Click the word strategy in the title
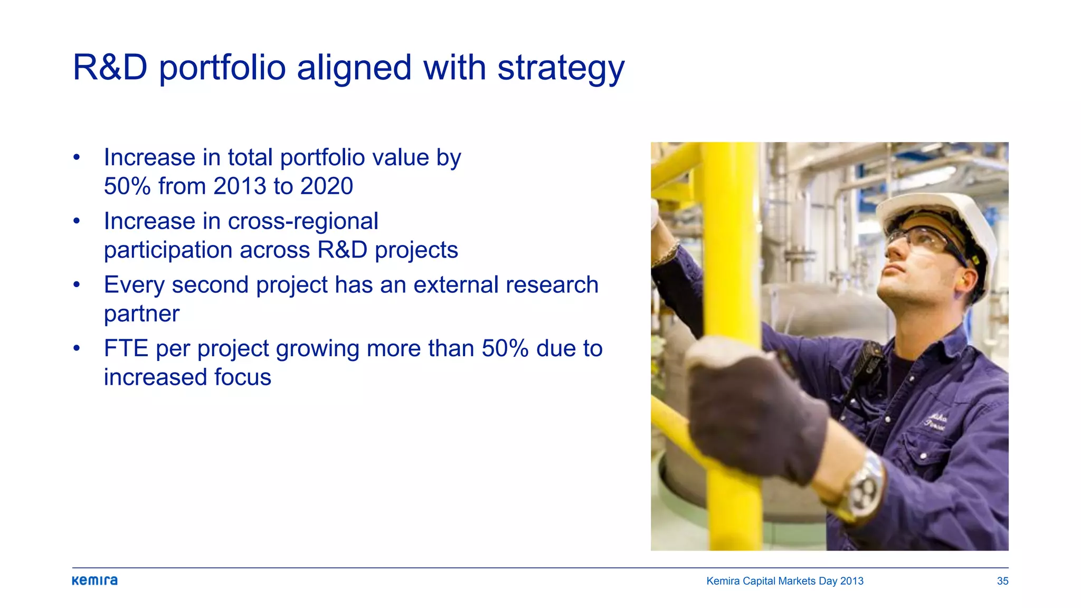coord(561,69)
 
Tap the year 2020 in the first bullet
coord(326,186)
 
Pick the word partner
coord(141,315)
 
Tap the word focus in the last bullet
coord(242,377)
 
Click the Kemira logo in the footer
coord(94,581)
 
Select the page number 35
coord(1002,581)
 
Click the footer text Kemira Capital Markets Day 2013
coord(784,581)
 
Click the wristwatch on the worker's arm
coord(863,488)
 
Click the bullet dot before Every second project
coord(77,285)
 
